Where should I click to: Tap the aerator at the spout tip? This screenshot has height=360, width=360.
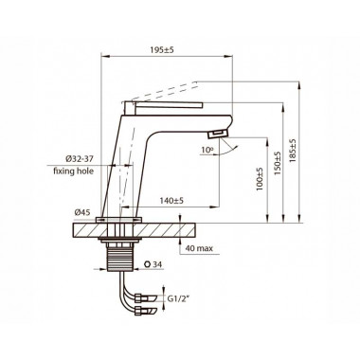(x=220, y=134)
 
